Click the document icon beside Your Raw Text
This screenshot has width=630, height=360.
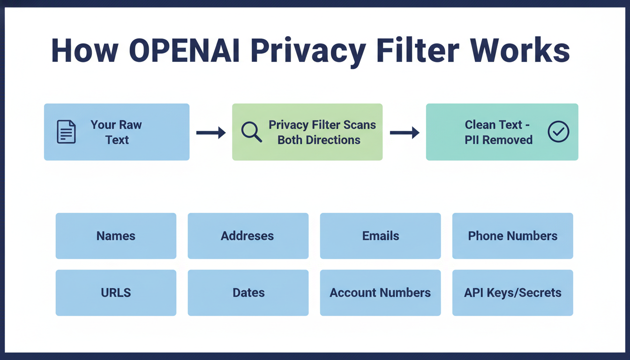[66, 132]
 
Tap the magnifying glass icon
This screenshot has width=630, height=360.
[251, 132]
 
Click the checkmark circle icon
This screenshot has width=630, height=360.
[558, 132]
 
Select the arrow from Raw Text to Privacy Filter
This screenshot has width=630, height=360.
[210, 133]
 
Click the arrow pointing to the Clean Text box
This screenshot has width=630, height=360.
[404, 133]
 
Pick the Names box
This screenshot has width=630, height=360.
[116, 236]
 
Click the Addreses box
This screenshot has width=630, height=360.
[248, 236]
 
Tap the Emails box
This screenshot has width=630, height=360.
[380, 236]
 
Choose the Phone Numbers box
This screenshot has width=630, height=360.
[512, 236]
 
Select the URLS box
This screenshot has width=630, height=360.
[116, 292]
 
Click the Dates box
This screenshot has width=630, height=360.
[248, 292]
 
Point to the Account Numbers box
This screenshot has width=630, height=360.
[380, 292]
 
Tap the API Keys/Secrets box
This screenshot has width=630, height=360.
[512, 292]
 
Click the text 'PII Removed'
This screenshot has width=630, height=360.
[498, 140]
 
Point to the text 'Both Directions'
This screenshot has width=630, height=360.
[319, 140]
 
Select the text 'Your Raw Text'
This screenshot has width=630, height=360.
[116, 132]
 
